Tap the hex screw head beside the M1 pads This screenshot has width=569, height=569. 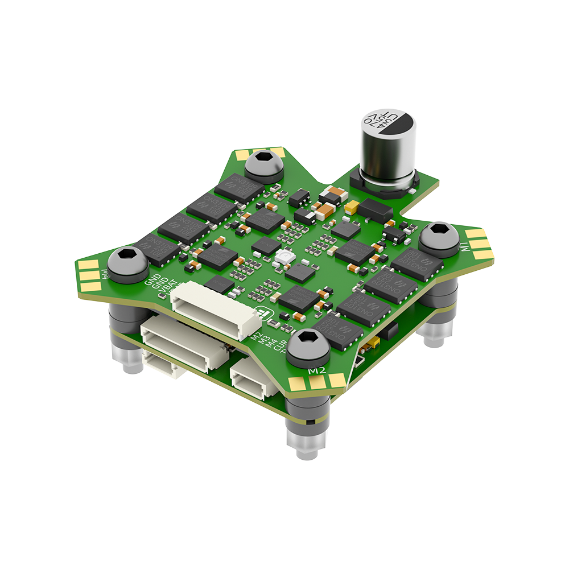pos(439,234)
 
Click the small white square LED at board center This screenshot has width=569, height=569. pos(283,258)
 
